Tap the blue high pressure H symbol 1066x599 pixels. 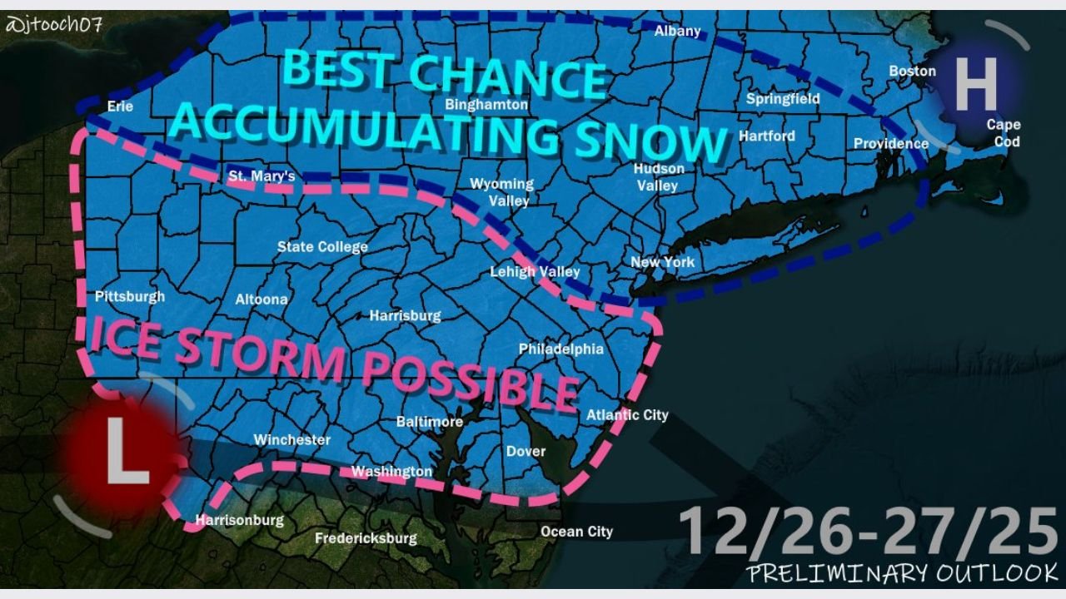[x=975, y=85]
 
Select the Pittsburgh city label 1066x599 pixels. [x=130, y=296]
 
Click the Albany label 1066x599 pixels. [x=678, y=32]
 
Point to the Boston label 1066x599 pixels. [x=913, y=71]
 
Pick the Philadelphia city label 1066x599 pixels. [x=560, y=349]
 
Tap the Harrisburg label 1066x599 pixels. [x=405, y=316]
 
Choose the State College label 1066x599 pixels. [x=322, y=247]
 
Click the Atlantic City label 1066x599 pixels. [x=627, y=414]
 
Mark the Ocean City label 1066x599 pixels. [x=576, y=532]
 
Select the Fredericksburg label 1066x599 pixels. [x=366, y=538]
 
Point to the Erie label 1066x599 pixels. [x=121, y=106]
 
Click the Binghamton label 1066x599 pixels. [x=487, y=105]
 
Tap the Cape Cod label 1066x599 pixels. [x=1004, y=133]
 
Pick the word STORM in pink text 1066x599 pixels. [x=262, y=350]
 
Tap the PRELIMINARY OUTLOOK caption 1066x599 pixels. [x=902, y=573]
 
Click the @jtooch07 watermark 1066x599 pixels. [x=53, y=24]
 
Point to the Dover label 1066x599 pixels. [x=526, y=452]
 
